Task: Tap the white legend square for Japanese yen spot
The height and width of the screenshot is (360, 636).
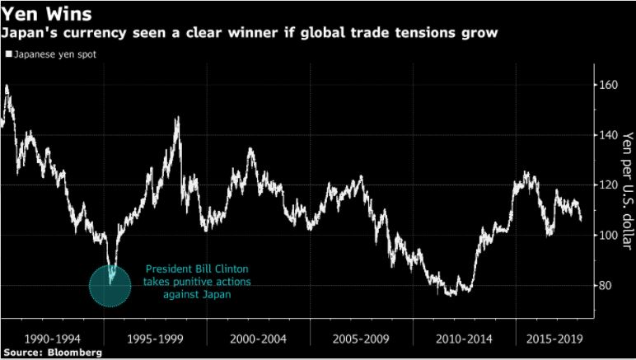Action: [x=8, y=54]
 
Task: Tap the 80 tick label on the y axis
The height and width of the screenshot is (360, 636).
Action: [x=608, y=286]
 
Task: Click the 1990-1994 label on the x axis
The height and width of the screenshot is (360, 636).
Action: [x=52, y=339]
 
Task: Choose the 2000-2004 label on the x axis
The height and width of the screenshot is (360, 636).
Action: [x=257, y=339]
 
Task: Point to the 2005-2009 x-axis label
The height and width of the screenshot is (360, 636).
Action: [x=360, y=339]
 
